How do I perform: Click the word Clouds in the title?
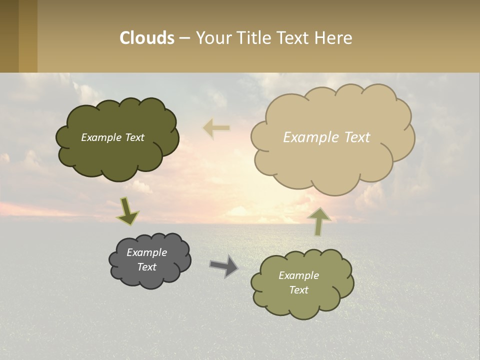(147, 38)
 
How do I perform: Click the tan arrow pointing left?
(216, 128)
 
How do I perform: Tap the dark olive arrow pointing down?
(127, 212)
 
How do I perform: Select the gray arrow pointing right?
(224, 266)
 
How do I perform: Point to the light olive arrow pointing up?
(319, 221)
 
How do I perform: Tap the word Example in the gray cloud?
(146, 252)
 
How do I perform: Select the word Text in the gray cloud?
(146, 267)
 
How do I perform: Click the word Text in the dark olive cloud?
(134, 137)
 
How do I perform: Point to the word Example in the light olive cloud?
(298, 275)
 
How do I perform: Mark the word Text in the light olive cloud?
(298, 290)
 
